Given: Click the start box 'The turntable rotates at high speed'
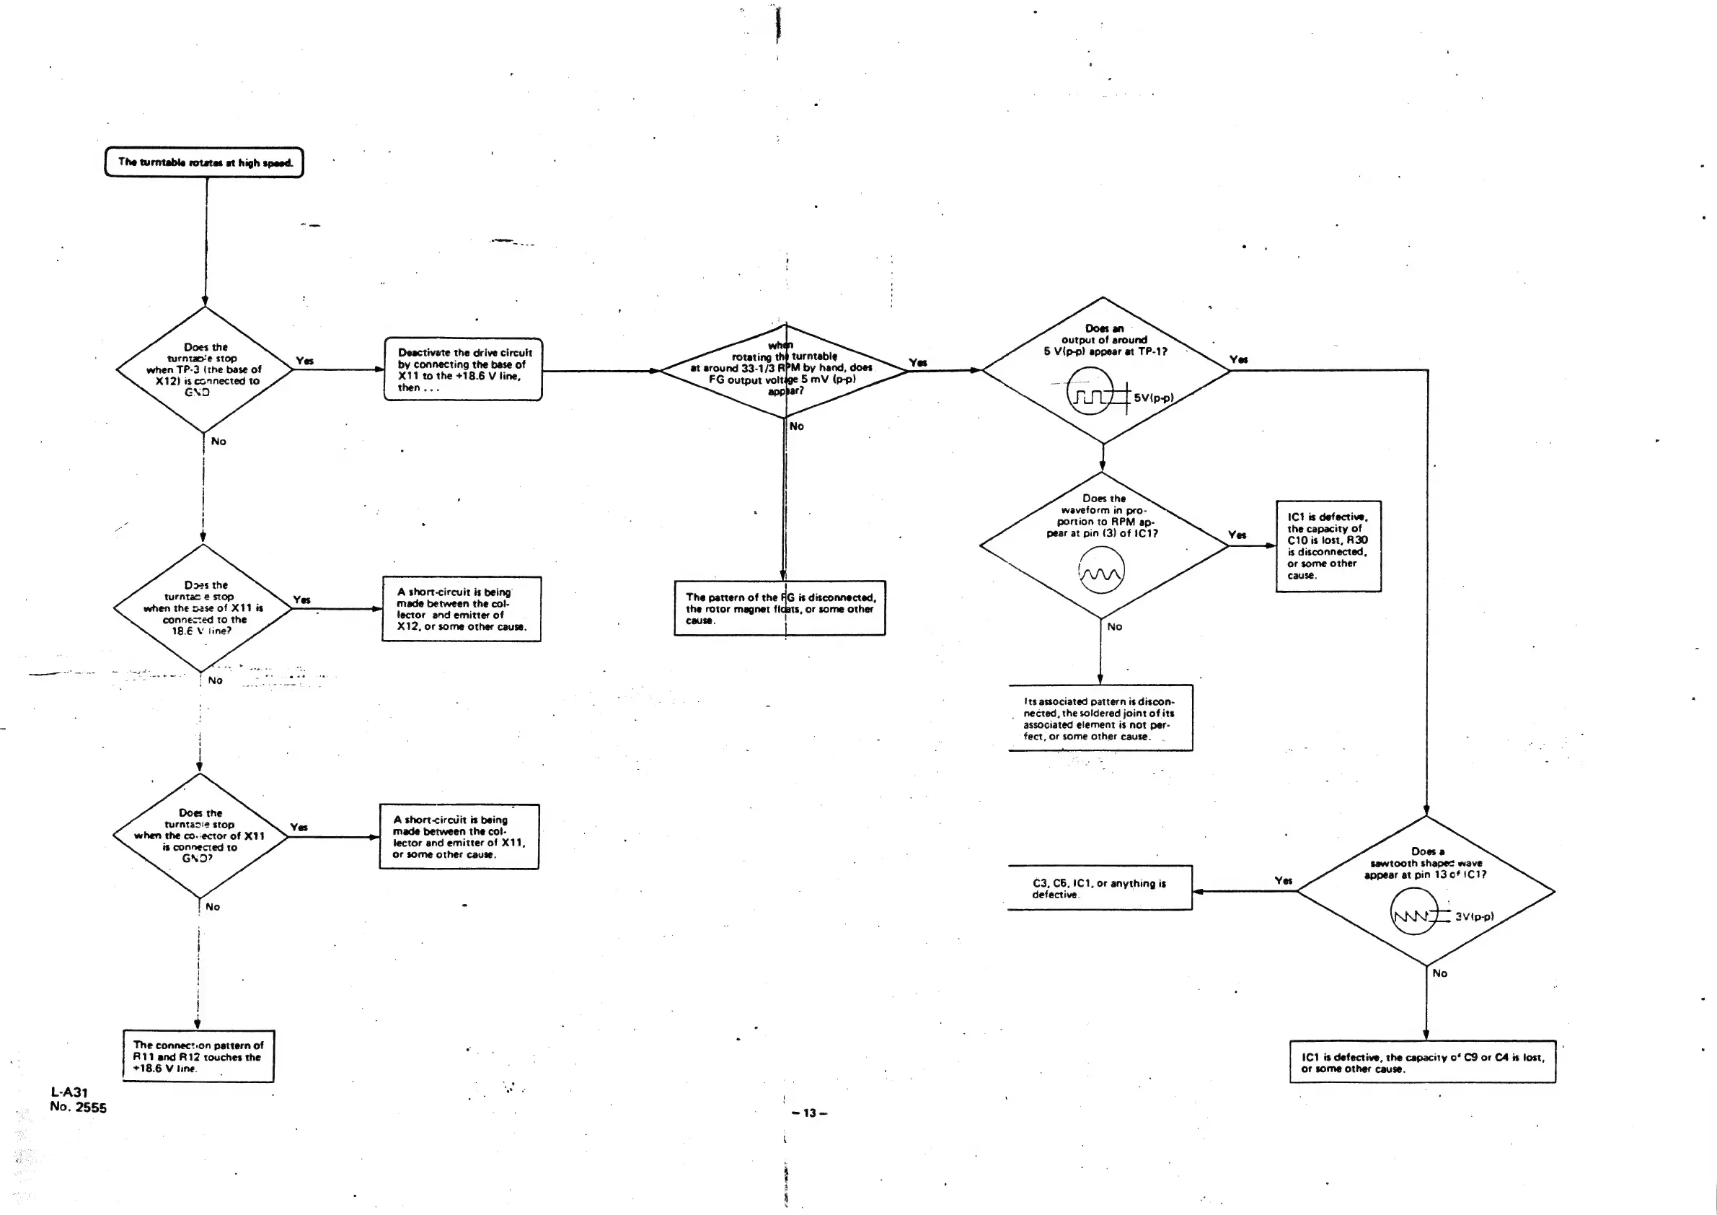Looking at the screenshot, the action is point(204,162).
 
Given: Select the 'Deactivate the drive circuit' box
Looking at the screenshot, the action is point(463,369).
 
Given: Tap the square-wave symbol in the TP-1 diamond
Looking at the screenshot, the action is point(1090,392).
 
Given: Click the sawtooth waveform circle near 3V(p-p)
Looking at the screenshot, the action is point(1413,912).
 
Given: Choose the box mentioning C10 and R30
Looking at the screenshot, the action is point(1328,546).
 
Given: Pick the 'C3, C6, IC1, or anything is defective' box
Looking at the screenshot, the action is point(1099,888).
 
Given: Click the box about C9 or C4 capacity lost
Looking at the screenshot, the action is point(1422,1061).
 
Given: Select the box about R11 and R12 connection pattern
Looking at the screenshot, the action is point(198,1056).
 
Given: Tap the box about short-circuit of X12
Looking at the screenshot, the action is point(462,609).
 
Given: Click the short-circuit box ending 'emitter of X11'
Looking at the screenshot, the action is point(459,836).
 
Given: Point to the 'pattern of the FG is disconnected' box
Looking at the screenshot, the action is point(780,608).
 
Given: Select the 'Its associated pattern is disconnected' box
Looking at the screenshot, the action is point(1100,718).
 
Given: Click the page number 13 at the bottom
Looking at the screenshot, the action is point(809,1113).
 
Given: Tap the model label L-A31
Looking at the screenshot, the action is point(69,1092).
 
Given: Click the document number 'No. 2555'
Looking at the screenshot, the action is point(79,1108).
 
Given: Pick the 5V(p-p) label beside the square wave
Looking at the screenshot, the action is point(1153,398).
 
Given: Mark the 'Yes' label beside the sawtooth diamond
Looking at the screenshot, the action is point(1284,880).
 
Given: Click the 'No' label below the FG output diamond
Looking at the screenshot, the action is point(796,426).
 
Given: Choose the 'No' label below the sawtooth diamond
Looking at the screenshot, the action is point(1439,973).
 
